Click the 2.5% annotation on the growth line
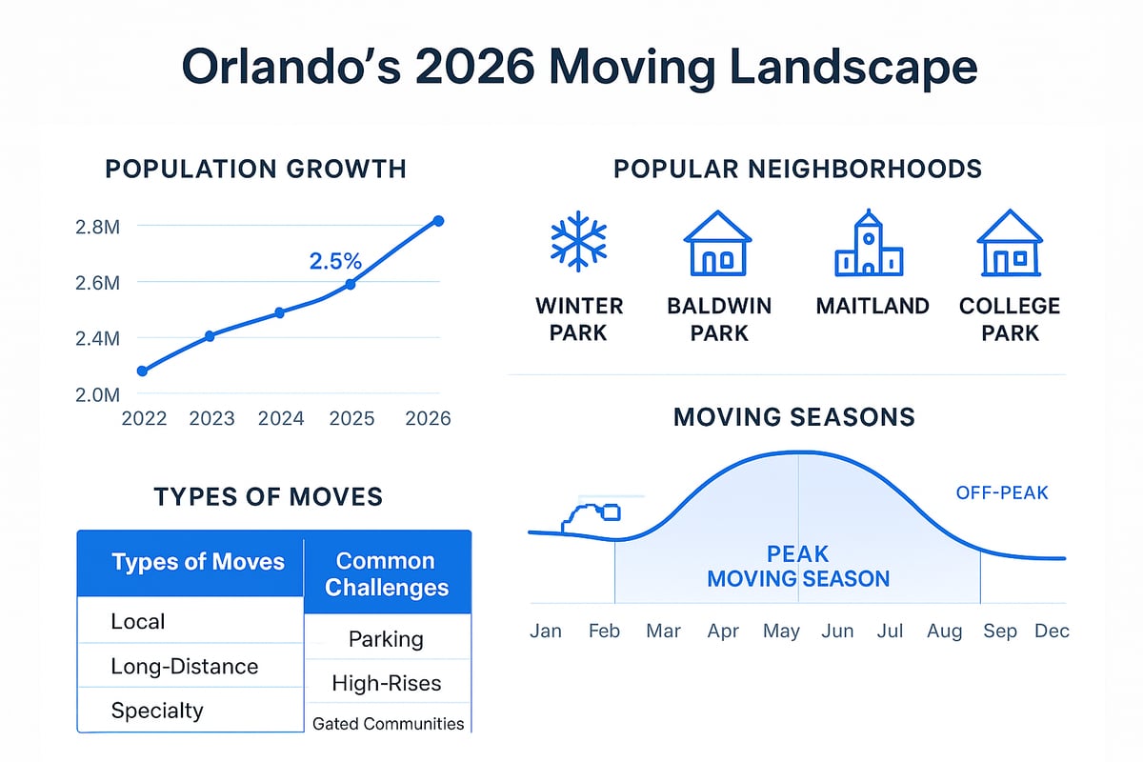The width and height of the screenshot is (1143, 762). (335, 261)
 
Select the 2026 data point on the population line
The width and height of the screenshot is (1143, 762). (438, 221)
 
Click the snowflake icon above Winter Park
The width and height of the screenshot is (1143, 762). (578, 243)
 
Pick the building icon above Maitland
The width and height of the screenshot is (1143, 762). (869, 245)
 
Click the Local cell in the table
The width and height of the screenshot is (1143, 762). (138, 622)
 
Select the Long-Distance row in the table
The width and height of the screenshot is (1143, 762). (184, 666)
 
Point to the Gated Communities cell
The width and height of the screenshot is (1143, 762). (389, 724)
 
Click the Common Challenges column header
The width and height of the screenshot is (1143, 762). (386, 574)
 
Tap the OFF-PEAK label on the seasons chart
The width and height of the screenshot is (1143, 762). (1000, 493)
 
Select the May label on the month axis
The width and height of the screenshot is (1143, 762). (782, 632)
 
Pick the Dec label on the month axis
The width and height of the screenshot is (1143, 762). (1052, 632)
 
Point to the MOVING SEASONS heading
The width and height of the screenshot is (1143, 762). (793, 416)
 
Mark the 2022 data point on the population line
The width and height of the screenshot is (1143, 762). (143, 371)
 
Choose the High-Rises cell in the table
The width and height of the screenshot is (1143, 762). (387, 682)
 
